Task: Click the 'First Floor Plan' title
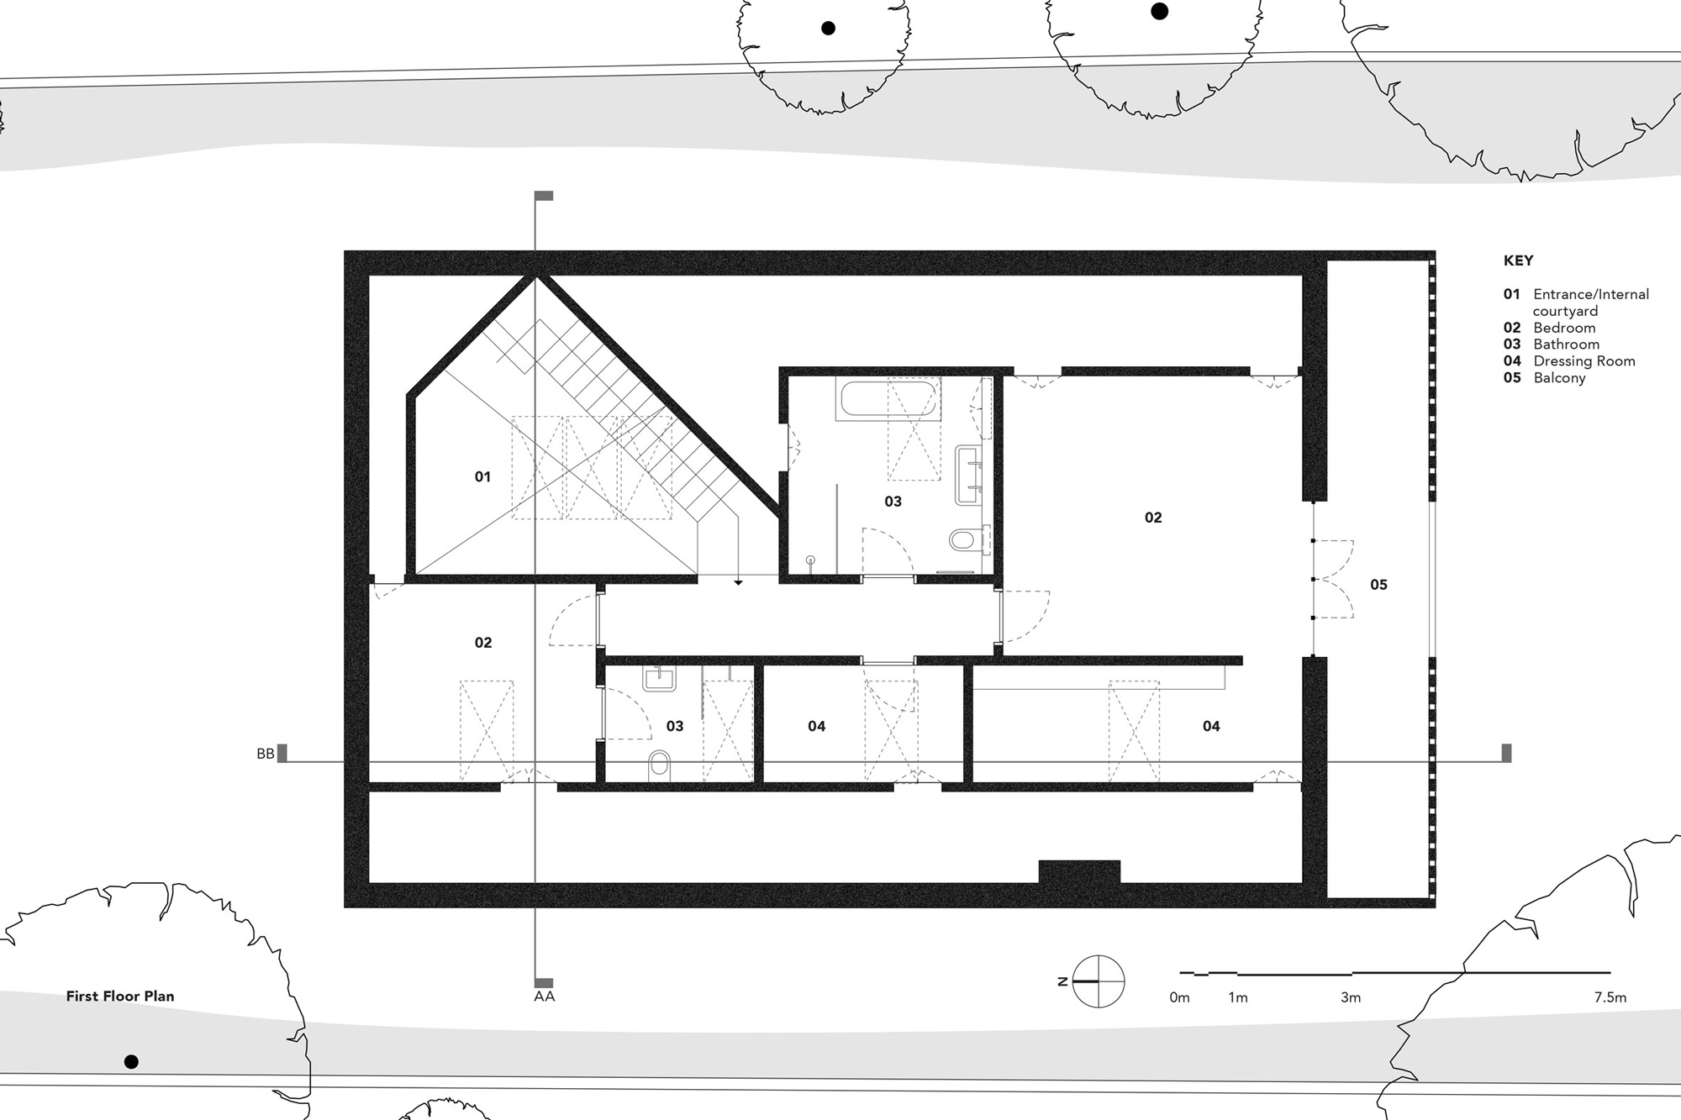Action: [120, 996]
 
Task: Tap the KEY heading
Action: [1518, 260]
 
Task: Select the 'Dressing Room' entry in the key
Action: [1584, 361]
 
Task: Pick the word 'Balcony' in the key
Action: [1559, 378]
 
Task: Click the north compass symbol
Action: [1099, 981]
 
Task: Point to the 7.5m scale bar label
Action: [1610, 997]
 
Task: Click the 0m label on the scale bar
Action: [1179, 997]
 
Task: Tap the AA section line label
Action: [544, 996]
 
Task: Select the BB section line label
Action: [266, 754]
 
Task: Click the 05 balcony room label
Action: [1378, 585]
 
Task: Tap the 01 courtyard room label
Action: [482, 477]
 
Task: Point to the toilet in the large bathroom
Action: [969, 539]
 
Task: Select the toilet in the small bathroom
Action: [660, 765]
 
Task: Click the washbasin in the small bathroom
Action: [659, 677]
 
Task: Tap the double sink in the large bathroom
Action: [969, 475]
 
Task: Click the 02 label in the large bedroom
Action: [1153, 518]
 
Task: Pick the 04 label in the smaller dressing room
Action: [816, 726]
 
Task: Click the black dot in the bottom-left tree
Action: [131, 1062]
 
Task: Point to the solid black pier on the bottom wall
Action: [1079, 871]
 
